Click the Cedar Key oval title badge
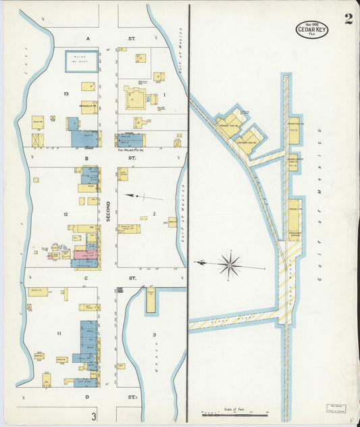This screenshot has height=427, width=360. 311,29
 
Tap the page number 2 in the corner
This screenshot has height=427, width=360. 348,19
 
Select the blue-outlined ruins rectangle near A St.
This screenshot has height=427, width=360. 81,61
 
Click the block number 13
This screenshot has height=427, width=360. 66,93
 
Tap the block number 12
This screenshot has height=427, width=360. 66,214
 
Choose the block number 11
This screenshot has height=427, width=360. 59,334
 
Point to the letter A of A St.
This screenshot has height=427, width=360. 88,39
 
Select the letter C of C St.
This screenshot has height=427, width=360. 86,278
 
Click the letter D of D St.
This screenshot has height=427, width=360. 87,397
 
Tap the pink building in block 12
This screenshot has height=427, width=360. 86,255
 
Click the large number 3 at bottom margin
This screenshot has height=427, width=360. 95,416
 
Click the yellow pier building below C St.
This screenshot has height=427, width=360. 150,300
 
